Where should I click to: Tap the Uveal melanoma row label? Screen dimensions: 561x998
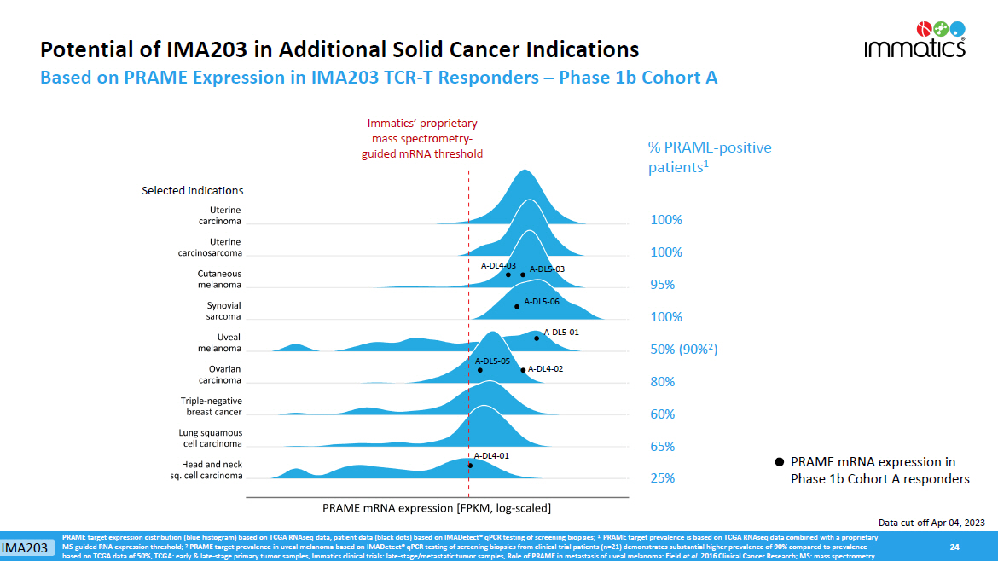point(217,343)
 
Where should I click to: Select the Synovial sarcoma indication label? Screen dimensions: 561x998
point(223,310)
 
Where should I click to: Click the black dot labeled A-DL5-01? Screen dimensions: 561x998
point(537,338)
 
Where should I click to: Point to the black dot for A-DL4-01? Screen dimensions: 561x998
point(470,466)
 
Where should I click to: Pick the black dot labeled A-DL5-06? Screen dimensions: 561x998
point(517,306)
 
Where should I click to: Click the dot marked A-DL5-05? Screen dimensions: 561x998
point(480,370)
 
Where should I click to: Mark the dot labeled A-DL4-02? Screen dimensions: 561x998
point(523,370)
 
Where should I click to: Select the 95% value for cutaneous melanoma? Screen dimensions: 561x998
point(663,285)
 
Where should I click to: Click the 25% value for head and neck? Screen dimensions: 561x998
point(663,478)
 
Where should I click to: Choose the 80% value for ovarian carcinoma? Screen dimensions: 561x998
point(663,382)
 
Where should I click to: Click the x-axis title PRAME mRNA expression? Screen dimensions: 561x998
point(436,508)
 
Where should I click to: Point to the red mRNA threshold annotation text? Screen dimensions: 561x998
point(421,139)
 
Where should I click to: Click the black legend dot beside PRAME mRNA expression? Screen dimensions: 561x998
point(779,462)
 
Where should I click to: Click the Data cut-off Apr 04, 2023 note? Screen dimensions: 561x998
point(931,522)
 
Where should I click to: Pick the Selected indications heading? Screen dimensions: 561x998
point(192,191)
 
